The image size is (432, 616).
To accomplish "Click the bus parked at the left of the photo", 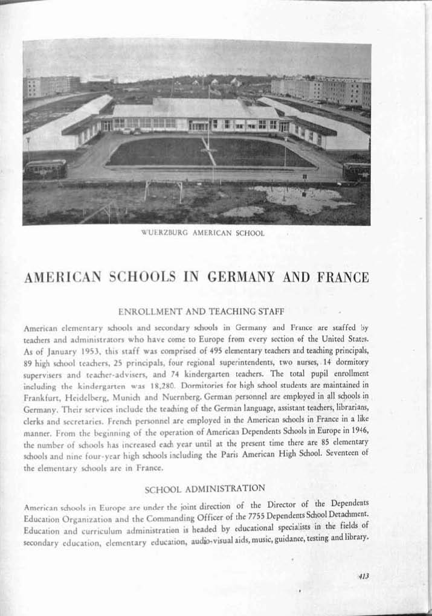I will (x=45, y=168).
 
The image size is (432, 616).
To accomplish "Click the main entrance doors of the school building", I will (x=199, y=126).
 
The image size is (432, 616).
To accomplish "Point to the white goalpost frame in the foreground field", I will (x=163, y=188).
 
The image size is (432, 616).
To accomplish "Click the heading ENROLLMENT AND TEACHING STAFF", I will (x=201, y=312).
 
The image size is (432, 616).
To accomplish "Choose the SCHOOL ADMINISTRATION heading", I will (x=205, y=487).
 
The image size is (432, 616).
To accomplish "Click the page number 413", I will (x=363, y=576).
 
